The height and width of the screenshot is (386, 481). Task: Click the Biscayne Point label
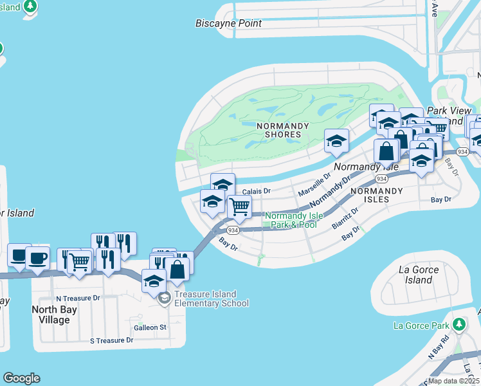click(228, 23)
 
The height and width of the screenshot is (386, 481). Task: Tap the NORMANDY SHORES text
click(279, 130)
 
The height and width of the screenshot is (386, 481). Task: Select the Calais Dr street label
click(257, 191)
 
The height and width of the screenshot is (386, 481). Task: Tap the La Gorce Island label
click(419, 275)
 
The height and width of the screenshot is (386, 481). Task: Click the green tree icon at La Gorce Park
click(458, 324)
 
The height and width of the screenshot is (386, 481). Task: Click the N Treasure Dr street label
click(78, 298)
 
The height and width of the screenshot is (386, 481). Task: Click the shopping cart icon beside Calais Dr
click(239, 207)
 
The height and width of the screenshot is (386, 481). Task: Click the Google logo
click(21, 378)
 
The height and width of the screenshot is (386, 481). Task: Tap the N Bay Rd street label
click(439, 347)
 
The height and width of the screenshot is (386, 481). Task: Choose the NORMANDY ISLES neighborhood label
click(376, 195)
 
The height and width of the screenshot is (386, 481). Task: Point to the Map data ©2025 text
click(454, 381)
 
